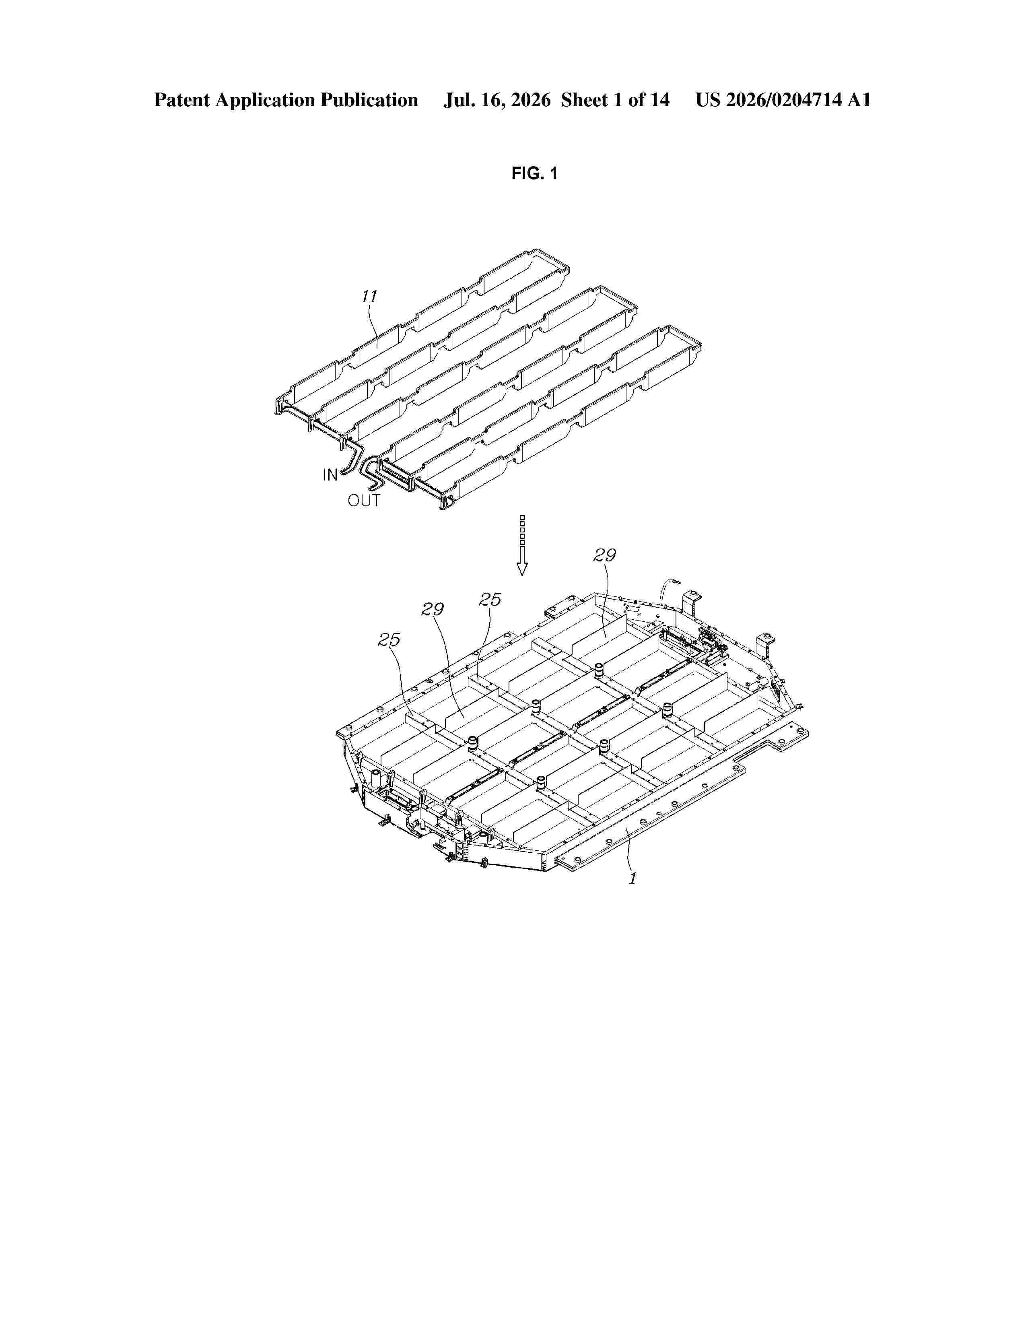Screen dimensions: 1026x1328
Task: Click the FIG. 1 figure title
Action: pos(534,174)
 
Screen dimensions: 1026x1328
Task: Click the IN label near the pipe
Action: pos(330,475)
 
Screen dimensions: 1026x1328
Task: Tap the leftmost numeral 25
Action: pos(389,640)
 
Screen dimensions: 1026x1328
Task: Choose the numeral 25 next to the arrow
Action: pos(490,600)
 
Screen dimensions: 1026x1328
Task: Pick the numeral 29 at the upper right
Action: pos(605,555)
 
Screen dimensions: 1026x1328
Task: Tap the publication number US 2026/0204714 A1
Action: pos(783,100)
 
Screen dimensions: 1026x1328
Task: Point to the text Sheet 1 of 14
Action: pos(615,100)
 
